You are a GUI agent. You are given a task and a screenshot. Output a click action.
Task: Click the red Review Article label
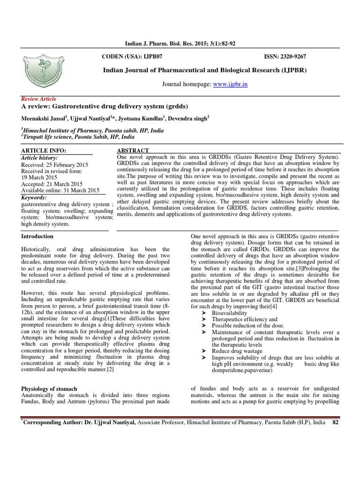point(39,99)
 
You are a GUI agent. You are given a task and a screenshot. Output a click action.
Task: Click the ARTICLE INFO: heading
point(44,150)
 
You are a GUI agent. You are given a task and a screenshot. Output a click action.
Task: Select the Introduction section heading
point(37,236)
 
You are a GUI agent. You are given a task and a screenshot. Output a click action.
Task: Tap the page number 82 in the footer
point(335,422)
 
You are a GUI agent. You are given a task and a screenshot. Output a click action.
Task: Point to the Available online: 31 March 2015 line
point(60,190)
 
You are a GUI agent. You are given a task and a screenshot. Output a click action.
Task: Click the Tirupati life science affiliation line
point(78,137)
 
